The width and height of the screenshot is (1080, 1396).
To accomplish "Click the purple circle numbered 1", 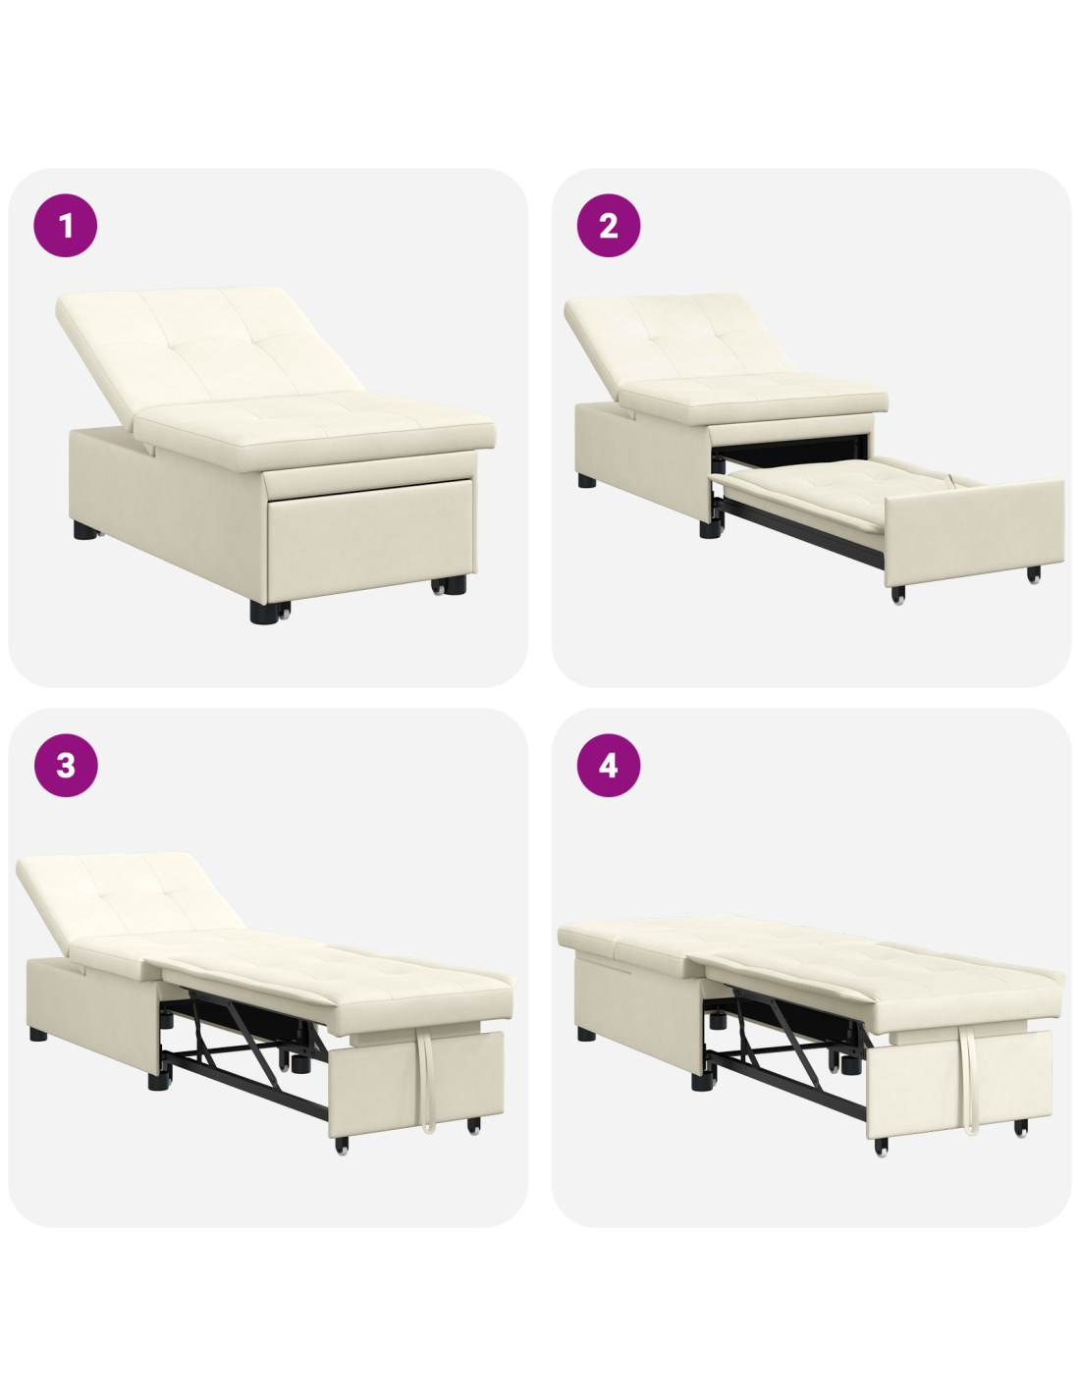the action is coord(65,226).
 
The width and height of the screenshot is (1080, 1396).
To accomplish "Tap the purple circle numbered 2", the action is coord(608,226).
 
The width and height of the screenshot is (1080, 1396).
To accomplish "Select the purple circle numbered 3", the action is coord(66,765).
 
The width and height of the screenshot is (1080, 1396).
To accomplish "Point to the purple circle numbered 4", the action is coord(608,765).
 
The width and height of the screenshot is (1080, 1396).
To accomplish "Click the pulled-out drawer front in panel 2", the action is coord(973,532).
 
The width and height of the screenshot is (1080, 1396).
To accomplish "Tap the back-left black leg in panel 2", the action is coord(586,480).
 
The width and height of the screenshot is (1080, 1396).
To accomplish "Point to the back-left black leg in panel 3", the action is coord(38,1035).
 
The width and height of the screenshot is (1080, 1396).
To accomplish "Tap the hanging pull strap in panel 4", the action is coord(968,1079).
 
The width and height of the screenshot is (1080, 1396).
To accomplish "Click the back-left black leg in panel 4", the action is coord(586,1034).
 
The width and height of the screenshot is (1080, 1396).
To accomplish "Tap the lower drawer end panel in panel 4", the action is coord(959,1085).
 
